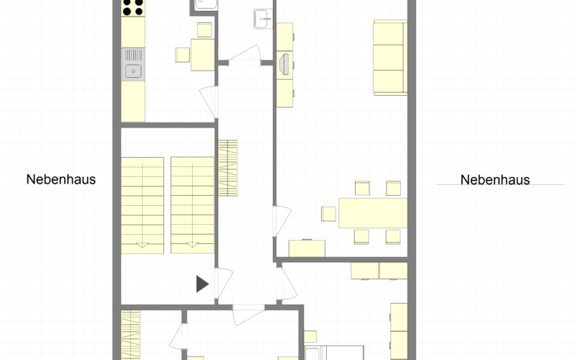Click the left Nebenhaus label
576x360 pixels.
[x=61, y=179]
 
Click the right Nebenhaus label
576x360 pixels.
[x=495, y=179]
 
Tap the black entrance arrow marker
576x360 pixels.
[x=202, y=284]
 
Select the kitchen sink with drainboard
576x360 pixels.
[x=133, y=65]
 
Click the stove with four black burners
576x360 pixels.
[x=133, y=8]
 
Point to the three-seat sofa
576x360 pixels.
[x=390, y=58]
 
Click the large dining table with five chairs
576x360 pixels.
[x=373, y=213]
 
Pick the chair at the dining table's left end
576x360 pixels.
[x=328, y=214]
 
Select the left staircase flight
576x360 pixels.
[x=143, y=205]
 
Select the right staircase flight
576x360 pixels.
[x=192, y=205]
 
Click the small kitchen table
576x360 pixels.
[x=203, y=55]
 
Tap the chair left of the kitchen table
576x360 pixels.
[x=182, y=55]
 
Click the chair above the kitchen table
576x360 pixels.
[x=204, y=30]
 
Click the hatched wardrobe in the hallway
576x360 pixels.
[x=228, y=168]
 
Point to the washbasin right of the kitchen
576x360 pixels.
[x=264, y=19]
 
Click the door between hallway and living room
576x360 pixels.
[x=282, y=221]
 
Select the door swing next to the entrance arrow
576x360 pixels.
[x=224, y=283]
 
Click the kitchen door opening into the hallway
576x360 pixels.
[x=209, y=102]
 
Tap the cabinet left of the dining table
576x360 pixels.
[x=307, y=248]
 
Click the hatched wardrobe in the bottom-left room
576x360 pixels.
[x=131, y=335]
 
